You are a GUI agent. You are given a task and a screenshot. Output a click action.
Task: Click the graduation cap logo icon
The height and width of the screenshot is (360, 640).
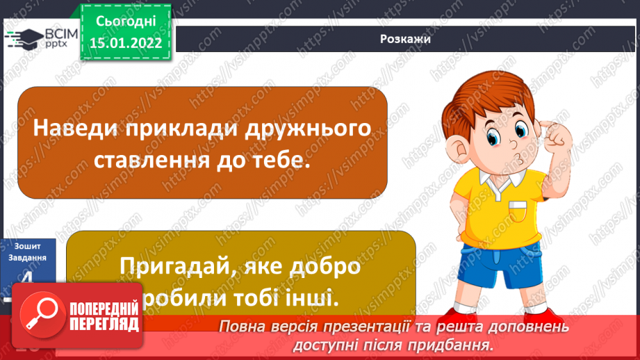(23, 38)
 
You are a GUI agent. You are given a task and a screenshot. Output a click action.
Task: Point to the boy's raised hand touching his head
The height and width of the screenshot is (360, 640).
(556, 132)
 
